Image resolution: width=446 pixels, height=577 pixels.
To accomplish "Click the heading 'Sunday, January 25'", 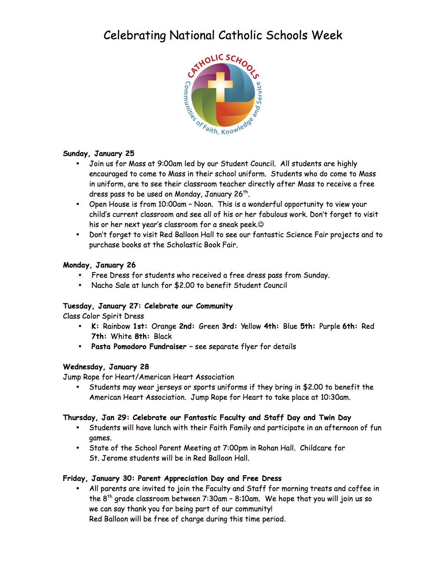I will click(99, 154).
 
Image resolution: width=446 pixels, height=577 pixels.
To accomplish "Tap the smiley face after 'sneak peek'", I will click(261, 225).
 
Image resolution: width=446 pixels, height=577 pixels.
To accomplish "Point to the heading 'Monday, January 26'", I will click(99, 265).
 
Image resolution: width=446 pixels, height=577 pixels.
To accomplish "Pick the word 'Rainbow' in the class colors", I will click(116, 326).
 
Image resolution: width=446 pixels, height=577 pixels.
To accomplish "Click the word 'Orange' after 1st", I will click(164, 326).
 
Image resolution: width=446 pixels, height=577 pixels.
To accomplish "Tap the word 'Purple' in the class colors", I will click(330, 326).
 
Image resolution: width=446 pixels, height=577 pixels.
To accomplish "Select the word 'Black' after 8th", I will click(163, 336).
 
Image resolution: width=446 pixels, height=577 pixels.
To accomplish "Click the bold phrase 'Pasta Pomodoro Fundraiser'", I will click(139, 347).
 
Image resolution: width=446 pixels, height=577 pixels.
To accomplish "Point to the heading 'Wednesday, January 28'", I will click(106, 367).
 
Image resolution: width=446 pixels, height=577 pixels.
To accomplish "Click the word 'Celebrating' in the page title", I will click(135, 35).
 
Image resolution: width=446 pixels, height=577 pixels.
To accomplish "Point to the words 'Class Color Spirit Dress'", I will click(104, 316).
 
